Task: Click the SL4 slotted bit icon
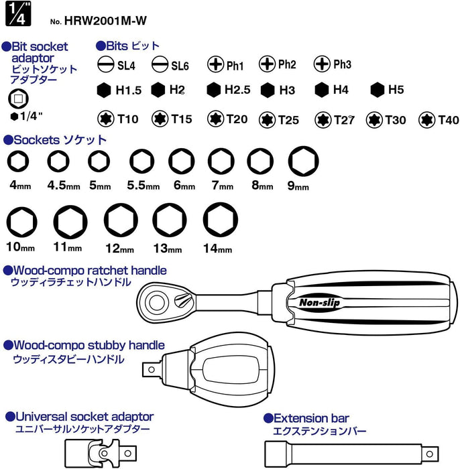105,65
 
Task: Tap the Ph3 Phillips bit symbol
322,64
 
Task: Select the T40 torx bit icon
426,119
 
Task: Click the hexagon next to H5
376,90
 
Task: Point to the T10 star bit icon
105,119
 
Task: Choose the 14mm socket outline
216,219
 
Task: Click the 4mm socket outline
18,161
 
